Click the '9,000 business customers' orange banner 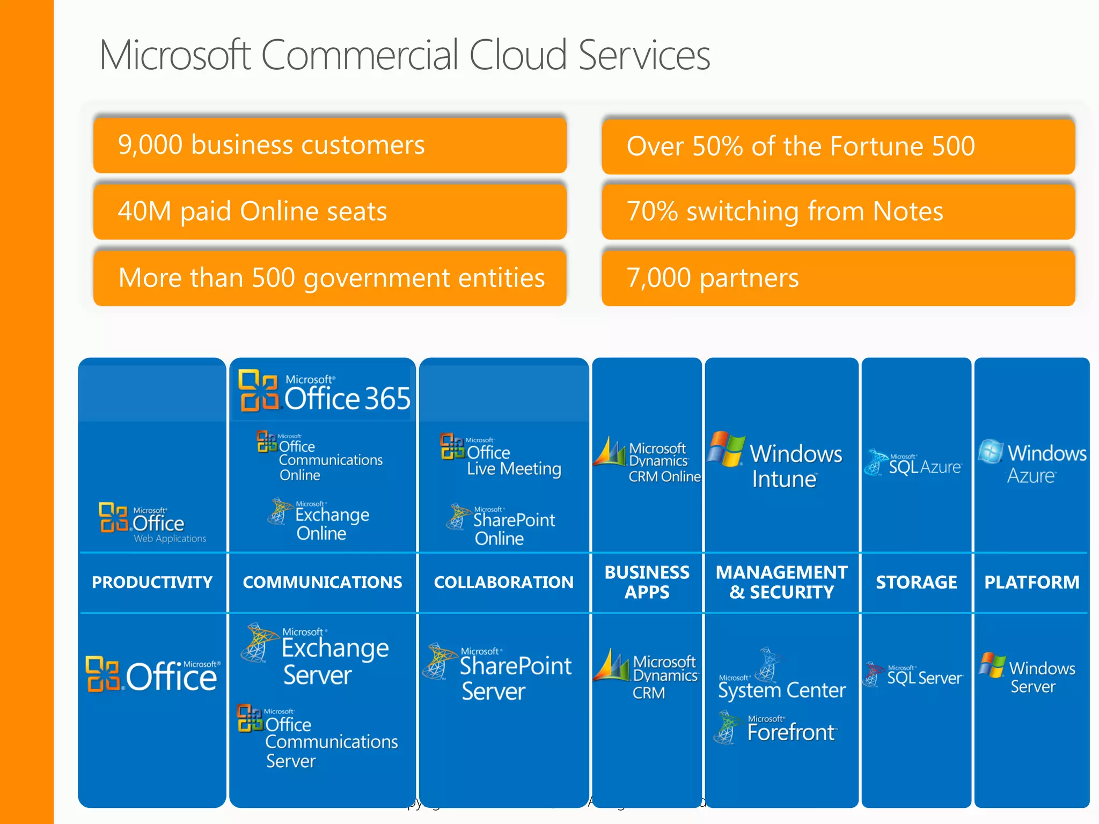(329, 145)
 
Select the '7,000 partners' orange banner (838, 278)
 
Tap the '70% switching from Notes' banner (838, 211)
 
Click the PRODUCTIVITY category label (152, 583)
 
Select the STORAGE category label (916, 583)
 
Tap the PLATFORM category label (1031, 583)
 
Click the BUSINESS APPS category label (647, 583)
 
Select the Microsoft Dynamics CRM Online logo (647, 460)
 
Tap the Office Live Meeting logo (500, 456)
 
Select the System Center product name (781, 689)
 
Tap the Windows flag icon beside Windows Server (992, 665)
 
